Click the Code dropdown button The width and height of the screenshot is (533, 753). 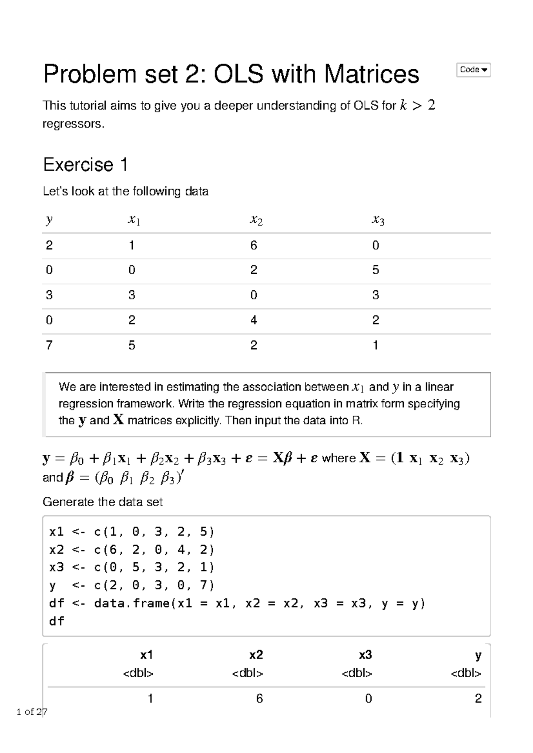click(x=473, y=70)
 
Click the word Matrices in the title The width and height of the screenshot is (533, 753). click(x=371, y=74)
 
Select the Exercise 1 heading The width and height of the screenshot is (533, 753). click(x=85, y=165)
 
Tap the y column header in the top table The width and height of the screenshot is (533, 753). click(x=49, y=220)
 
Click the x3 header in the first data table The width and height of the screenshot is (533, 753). click(x=378, y=220)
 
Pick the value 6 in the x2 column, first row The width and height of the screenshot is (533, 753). click(x=254, y=245)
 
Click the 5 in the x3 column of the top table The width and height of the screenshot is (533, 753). click(x=375, y=270)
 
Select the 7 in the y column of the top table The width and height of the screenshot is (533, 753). click(x=49, y=345)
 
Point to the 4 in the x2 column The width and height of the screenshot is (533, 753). click(x=254, y=320)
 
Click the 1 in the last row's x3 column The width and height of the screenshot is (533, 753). click(x=375, y=345)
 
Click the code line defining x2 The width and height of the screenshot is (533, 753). click(x=131, y=550)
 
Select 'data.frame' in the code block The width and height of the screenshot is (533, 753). click(x=132, y=603)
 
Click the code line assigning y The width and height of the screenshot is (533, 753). click(x=131, y=585)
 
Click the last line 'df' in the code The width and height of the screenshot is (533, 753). click(x=57, y=621)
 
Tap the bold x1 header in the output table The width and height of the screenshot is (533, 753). click(x=147, y=655)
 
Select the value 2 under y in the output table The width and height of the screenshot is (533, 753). click(x=478, y=699)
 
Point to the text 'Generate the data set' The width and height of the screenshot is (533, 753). click(x=102, y=502)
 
